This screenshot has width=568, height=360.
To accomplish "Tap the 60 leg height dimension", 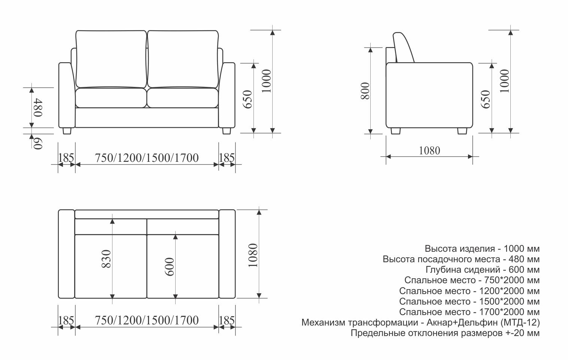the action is (x=38, y=143).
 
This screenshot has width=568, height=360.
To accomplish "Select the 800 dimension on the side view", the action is (x=365, y=91).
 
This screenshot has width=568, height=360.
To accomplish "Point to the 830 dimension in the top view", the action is (x=106, y=259).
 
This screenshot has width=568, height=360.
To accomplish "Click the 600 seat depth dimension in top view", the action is (x=170, y=267).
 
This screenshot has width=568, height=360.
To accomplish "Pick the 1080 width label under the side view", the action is (x=429, y=151).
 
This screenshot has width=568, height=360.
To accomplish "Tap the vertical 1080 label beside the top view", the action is (x=253, y=255).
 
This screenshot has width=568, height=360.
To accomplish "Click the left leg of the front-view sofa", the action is (x=67, y=131).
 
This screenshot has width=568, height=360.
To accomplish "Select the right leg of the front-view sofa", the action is (x=227, y=131).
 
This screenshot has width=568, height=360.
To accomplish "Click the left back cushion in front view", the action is (x=111, y=59).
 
